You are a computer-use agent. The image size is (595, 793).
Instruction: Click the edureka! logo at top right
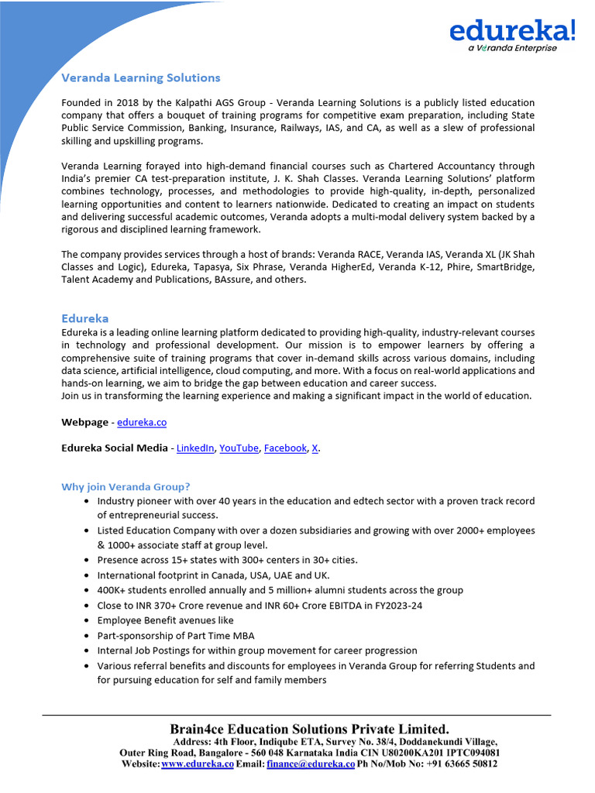coord(512,30)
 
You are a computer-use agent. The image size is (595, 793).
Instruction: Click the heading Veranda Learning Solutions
coord(140,77)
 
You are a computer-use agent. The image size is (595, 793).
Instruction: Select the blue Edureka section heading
coord(84,318)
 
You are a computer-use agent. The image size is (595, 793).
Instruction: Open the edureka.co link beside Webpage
coord(142,422)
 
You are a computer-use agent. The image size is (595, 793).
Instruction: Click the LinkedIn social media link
coord(195,448)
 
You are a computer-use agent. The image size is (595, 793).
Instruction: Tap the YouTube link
coord(239,448)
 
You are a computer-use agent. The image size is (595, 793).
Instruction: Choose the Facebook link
coord(285,448)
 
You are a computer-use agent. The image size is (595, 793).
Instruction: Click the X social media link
coord(315,448)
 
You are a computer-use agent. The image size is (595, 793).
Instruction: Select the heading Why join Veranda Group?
coord(126,487)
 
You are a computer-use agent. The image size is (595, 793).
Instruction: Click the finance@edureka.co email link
coord(311,764)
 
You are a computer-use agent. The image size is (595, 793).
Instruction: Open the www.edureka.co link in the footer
coord(198,764)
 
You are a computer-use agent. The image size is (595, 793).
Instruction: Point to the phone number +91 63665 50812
coord(457,764)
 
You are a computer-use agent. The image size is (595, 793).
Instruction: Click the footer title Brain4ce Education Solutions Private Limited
coord(309,729)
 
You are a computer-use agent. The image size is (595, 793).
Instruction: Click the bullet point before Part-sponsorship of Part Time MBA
coord(85,636)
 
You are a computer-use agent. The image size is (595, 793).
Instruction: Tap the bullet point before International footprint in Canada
coord(85,575)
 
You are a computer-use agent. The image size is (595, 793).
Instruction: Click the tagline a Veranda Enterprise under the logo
coord(512,48)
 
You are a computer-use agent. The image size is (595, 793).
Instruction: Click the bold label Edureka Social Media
coord(114,448)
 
